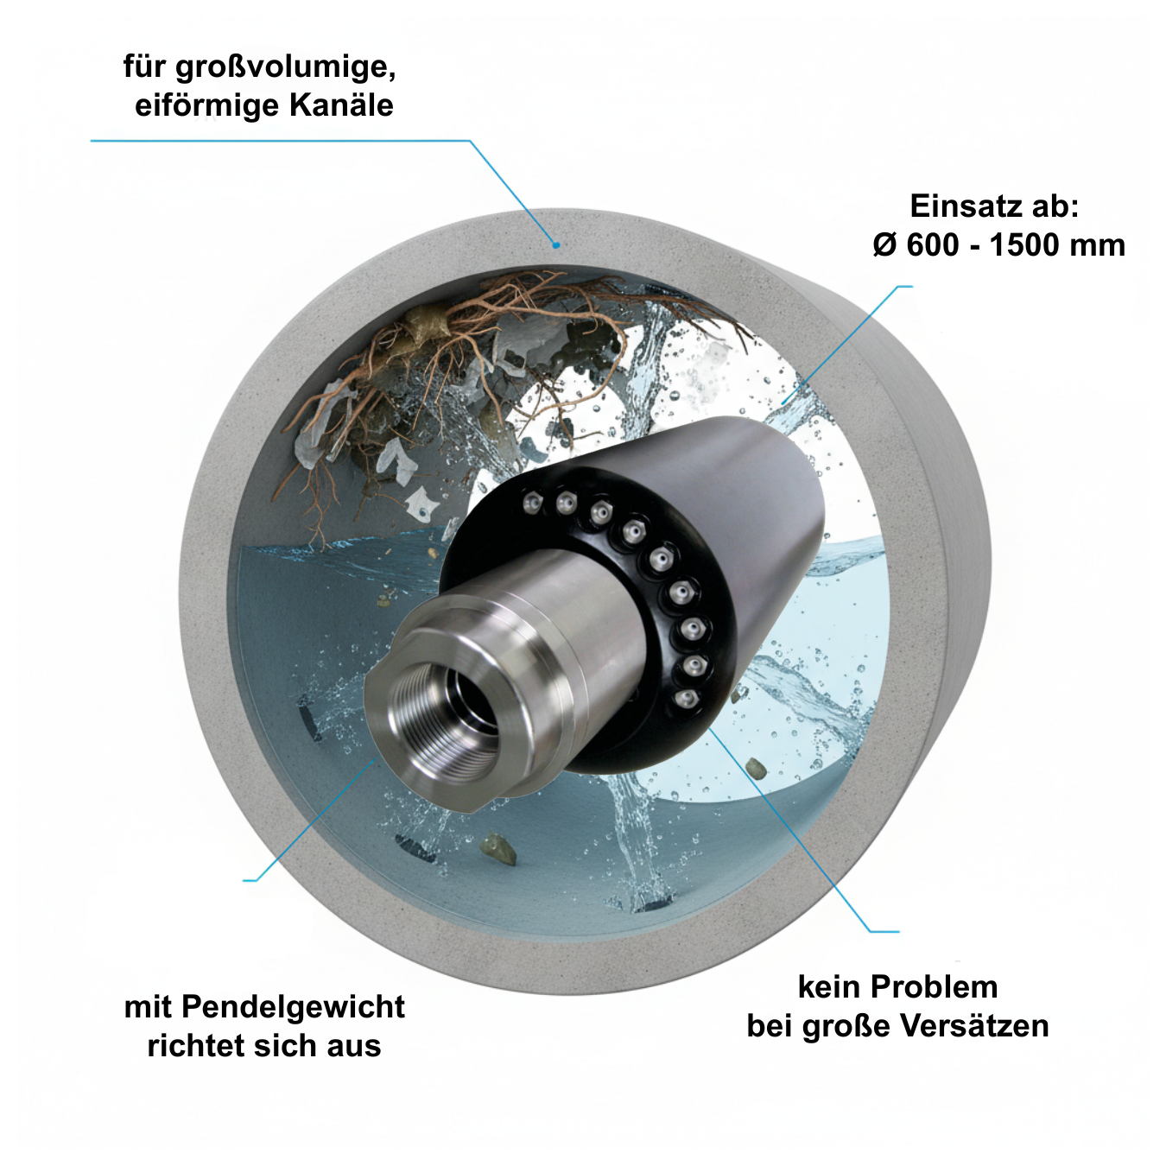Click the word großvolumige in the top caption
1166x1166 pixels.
point(285,67)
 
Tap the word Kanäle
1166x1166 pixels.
point(341,105)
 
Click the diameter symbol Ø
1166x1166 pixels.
point(884,245)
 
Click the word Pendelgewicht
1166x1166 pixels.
point(294,1007)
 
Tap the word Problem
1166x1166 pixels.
point(935,987)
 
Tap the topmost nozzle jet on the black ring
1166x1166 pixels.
point(534,502)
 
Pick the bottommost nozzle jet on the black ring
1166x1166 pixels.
point(685,700)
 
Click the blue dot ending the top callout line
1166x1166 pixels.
point(556,245)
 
